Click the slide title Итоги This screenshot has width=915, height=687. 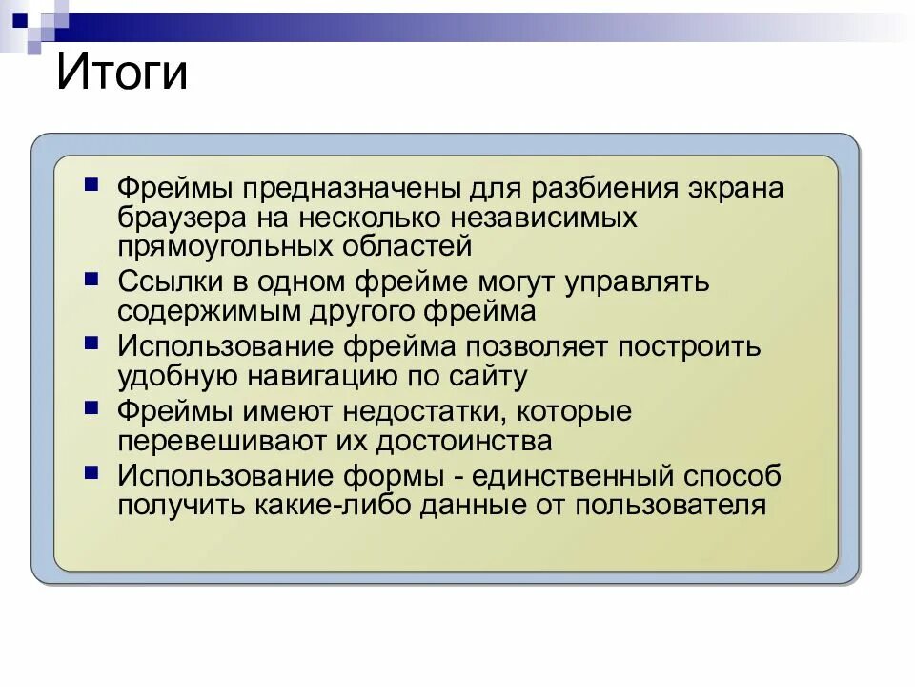tap(122, 73)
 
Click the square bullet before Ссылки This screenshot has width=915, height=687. tap(91, 279)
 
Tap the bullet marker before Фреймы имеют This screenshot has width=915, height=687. tap(91, 407)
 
